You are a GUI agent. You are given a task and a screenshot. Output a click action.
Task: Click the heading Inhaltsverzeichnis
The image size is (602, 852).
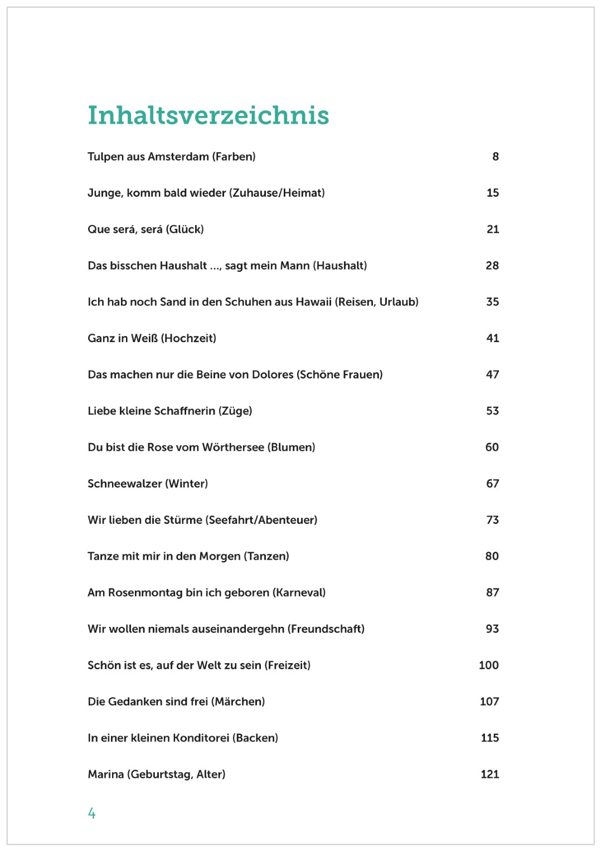click(208, 115)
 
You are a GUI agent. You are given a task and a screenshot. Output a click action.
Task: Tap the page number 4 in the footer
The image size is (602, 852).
click(91, 814)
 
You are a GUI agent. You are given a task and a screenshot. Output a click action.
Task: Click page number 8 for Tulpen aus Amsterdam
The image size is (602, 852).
click(495, 157)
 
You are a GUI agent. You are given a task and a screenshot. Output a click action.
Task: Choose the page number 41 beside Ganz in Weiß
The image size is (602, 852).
click(492, 338)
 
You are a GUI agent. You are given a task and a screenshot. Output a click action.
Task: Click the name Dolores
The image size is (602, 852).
click(273, 374)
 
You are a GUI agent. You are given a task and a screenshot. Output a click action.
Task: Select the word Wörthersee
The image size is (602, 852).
click(233, 447)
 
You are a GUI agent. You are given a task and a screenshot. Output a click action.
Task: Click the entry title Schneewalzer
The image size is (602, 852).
click(124, 484)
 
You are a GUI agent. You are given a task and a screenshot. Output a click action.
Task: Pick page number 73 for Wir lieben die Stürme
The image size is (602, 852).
click(492, 520)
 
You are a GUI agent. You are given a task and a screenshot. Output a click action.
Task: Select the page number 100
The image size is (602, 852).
click(488, 665)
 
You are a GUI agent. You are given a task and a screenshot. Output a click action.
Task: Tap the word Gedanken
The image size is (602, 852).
click(134, 702)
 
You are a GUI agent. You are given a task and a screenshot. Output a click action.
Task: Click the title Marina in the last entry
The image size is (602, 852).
click(106, 775)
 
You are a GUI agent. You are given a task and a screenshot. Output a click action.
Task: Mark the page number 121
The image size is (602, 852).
click(489, 775)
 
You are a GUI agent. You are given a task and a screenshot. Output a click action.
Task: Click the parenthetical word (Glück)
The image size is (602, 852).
click(185, 230)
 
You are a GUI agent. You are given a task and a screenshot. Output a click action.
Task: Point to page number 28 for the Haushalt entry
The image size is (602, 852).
click(492, 266)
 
